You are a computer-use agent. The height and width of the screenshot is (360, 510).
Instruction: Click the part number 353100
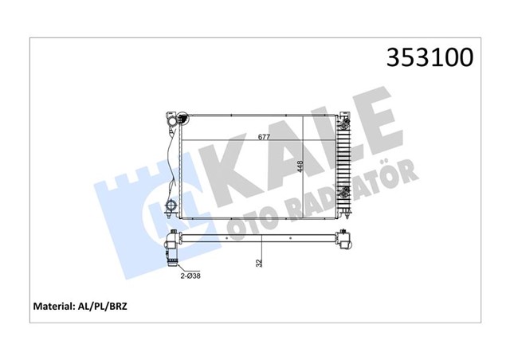pyautogui.click(x=430, y=57)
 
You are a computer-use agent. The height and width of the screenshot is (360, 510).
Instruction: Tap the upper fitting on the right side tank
pyautogui.click(x=344, y=125)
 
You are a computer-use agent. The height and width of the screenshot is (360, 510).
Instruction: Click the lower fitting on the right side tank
pyautogui.click(x=344, y=192)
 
